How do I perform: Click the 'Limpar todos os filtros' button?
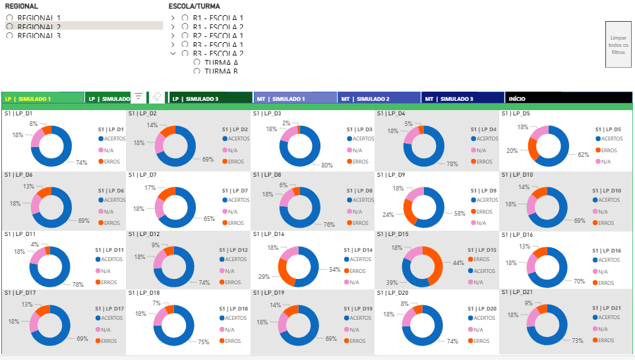tap(618, 44)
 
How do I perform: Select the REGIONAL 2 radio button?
tap(10, 26)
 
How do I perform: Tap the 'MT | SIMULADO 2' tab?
tap(378, 98)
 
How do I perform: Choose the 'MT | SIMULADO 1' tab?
tap(295, 98)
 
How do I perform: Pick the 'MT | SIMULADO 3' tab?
tap(462, 98)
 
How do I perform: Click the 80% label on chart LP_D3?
tap(326, 165)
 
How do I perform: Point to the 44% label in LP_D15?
tap(458, 263)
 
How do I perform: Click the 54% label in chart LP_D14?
tap(334, 270)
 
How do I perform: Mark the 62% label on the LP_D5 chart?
tap(583, 155)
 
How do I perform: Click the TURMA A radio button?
tap(197, 62)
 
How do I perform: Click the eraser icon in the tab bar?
tap(156, 96)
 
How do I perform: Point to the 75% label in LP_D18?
tap(203, 342)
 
